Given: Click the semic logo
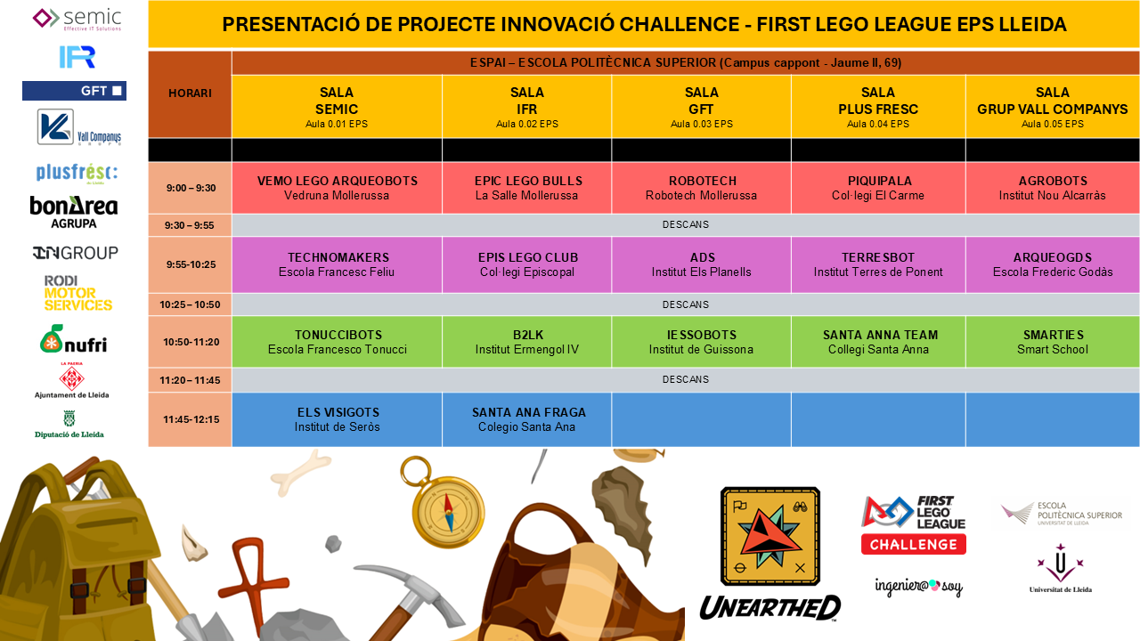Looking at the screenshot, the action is (77, 19).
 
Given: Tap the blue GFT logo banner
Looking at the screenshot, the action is (74, 91).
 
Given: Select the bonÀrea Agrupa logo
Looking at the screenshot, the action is (74, 212).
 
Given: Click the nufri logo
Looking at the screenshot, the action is (74, 339).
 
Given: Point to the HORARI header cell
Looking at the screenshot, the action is (190, 93).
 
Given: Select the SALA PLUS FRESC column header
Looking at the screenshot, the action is (878, 107).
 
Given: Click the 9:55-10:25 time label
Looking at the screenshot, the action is (191, 264).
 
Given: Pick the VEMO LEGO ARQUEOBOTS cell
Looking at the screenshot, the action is (337, 188).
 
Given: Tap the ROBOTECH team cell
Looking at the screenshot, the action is (701, 188).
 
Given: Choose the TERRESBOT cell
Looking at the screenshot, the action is (878, 264).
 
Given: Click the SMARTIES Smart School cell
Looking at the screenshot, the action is (1053, 342).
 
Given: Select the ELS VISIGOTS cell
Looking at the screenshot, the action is (337, 419).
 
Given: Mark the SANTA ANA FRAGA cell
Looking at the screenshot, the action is (526, 419).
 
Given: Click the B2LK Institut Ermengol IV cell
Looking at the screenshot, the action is (526, 342).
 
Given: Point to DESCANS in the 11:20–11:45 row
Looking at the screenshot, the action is (686, 379).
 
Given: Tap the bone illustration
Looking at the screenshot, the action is (301, 472).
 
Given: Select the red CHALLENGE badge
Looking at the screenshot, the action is (914, 544).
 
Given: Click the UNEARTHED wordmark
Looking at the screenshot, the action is (770, 607).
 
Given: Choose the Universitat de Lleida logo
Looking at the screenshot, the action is (1061, 568).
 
